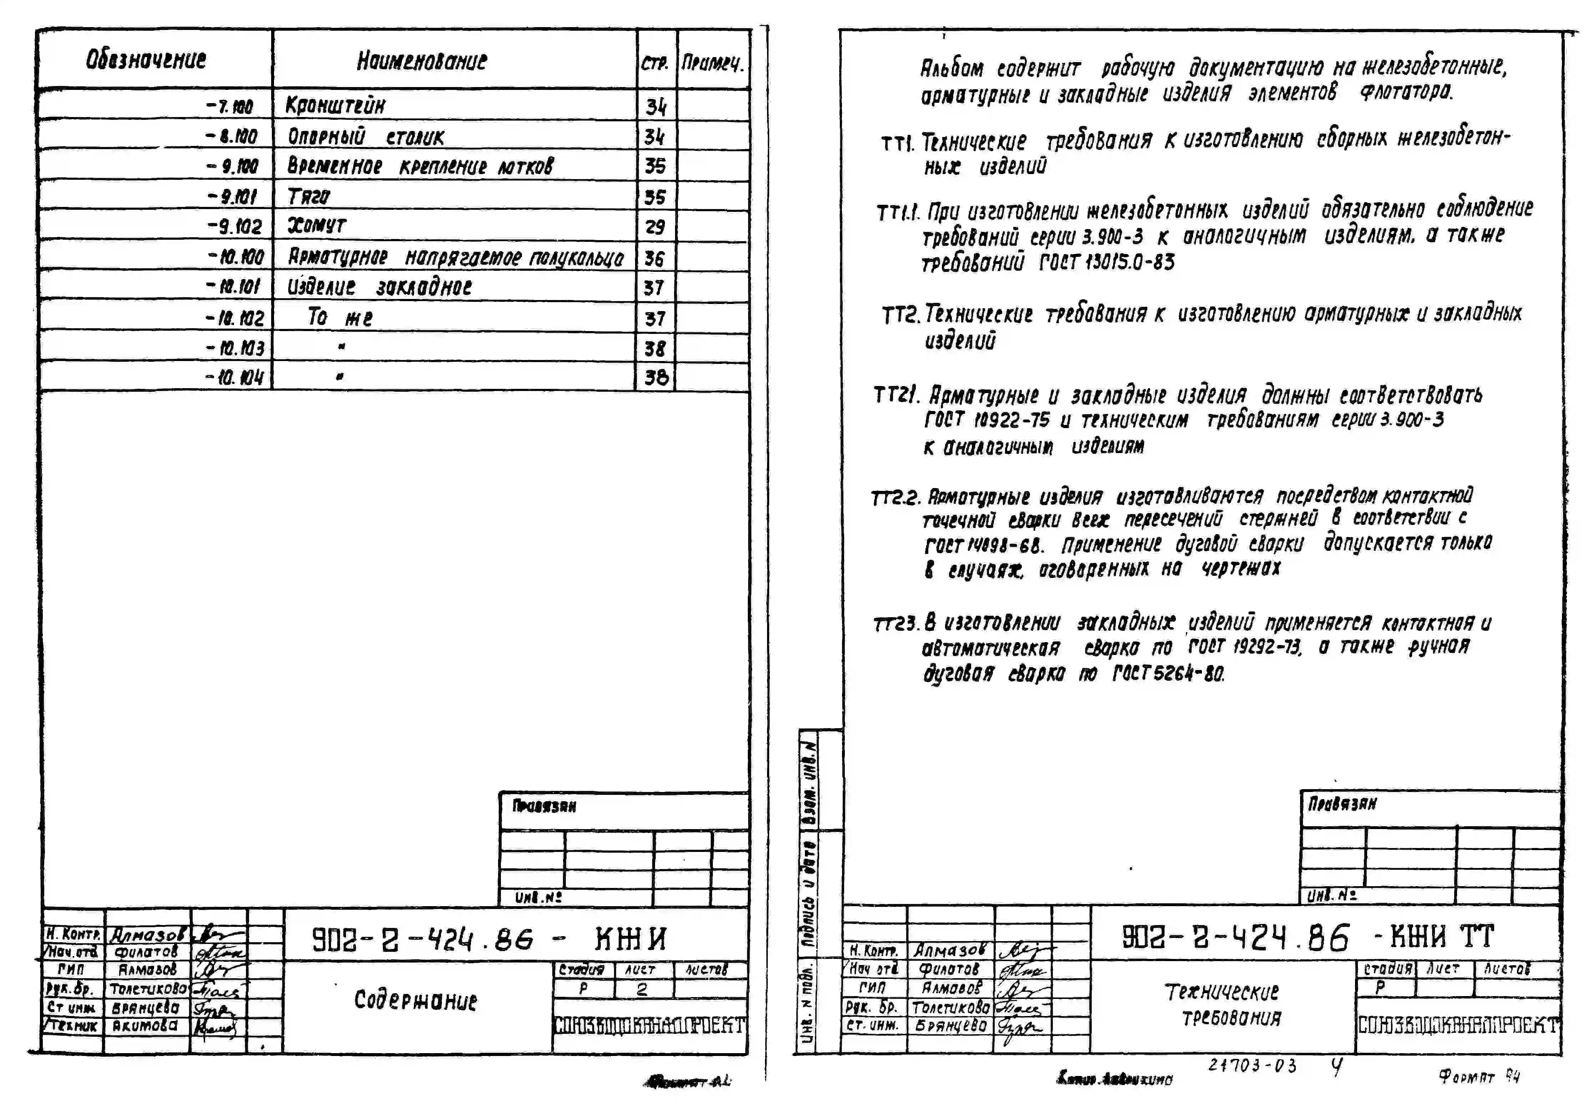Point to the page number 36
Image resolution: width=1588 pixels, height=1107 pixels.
click(654, 259)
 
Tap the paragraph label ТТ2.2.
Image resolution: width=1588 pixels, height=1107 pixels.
click(895, 498)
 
